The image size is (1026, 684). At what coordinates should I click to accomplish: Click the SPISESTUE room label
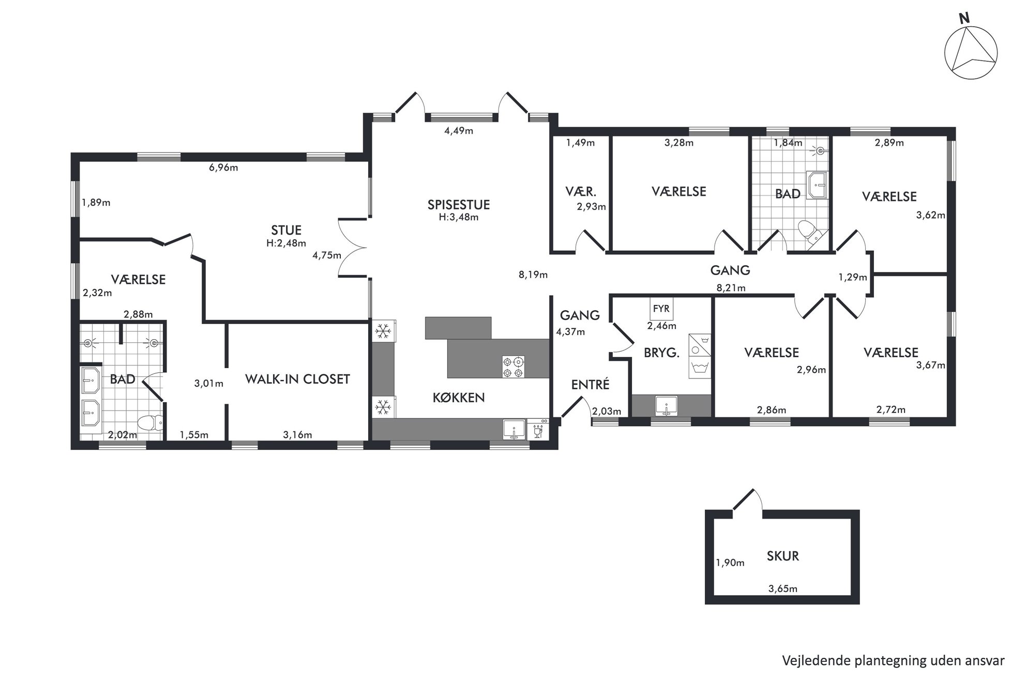(x=458, y=205)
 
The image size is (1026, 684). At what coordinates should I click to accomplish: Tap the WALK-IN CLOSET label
(x=297, y=379)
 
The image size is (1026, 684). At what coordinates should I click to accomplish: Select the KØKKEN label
(x=459, y=398)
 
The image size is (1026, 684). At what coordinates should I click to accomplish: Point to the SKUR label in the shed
(x=782, y=556)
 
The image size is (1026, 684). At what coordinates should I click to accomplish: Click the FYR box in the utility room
(x=661, y=309)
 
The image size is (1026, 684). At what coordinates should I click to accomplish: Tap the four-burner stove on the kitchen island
(x=513, y=367)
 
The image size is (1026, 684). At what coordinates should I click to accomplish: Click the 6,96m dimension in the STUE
(x=223, y=168)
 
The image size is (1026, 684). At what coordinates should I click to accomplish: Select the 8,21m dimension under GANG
(x=731, y=288)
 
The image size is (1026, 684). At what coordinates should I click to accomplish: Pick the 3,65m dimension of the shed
(x=782, y=588)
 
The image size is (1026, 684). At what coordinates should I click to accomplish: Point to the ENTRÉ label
(x=590, y=385)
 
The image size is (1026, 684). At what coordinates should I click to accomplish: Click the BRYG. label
(x=661, y=353)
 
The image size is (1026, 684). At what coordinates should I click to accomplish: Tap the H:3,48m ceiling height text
(x=458, y=218)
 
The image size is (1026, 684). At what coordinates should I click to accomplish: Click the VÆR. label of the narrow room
(x=581, y=192)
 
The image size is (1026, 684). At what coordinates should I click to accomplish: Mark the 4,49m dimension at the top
(x=459, y=131)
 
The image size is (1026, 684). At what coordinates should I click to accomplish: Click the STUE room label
(x=286, y=230)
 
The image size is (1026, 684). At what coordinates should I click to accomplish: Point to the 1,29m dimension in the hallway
(x=852, y=278)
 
